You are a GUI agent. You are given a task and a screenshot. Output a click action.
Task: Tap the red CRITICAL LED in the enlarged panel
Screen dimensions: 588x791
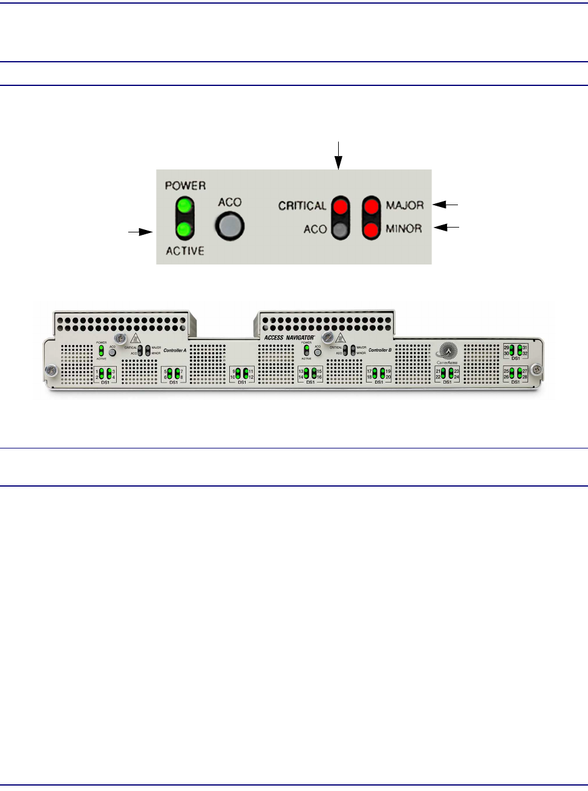[341, 206]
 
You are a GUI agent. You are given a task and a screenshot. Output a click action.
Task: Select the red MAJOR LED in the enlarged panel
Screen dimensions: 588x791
[371, 206]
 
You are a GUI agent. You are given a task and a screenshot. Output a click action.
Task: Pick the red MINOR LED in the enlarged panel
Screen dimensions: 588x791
[371, 229]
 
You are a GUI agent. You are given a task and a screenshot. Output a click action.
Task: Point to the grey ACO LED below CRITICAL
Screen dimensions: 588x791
[341, 229]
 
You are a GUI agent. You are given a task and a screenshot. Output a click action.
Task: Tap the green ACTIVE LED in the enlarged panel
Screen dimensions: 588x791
[185, 229]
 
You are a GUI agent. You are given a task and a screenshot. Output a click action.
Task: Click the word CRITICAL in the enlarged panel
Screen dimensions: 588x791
[302, 206]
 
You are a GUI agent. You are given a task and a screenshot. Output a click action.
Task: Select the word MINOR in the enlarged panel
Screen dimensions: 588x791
[403, 229]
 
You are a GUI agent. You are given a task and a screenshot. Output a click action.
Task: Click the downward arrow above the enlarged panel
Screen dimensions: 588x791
[339, 156]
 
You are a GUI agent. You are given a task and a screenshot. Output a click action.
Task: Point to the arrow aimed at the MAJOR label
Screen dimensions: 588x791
[447, 205]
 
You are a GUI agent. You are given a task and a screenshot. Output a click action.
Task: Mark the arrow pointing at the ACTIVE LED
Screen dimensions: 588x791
[140, 231]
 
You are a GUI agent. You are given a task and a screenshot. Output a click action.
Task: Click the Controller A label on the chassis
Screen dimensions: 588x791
[175, 350]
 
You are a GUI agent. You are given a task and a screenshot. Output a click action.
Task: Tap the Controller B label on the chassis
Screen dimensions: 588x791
[380, 350]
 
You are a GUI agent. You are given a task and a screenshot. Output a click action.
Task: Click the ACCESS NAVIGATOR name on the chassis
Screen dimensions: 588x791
[289, 337]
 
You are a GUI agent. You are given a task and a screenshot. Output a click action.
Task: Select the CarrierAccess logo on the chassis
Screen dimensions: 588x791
[447, 353]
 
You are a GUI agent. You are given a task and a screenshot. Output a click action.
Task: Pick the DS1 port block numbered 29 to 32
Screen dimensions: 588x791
[516, 351]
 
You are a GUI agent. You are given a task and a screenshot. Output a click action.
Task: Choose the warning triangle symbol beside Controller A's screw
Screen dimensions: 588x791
[136, 339]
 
